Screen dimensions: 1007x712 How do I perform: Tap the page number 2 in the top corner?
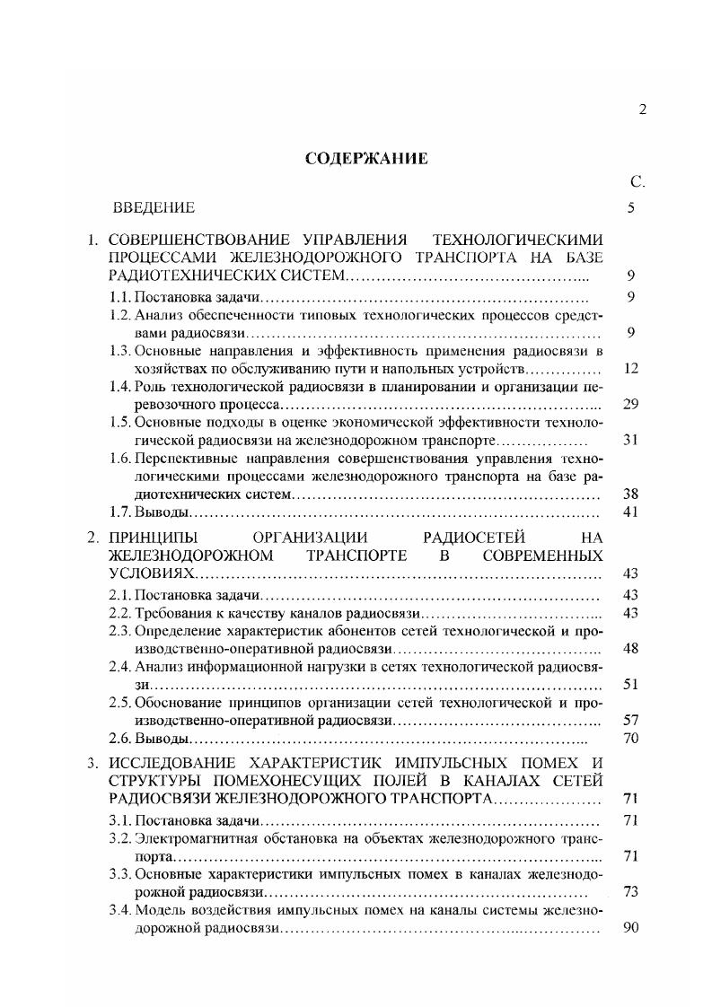[x=641, y=109]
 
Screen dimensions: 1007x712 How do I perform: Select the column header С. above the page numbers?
[x=637, y=183]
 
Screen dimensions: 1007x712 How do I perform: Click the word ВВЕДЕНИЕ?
[x=154, y=208]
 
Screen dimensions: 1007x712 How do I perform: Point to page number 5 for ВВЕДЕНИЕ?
[x=631, y=208]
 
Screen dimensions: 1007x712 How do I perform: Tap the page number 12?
[x=629, y=369]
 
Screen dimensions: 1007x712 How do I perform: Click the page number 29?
[x=629, y=405]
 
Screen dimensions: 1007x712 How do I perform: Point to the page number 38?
[x=629, y=495]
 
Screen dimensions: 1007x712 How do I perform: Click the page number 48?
[x=629, y=648]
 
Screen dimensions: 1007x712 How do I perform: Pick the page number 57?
[x=629, y=720]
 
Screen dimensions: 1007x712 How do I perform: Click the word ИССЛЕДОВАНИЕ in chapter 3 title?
[x=167, y=764]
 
